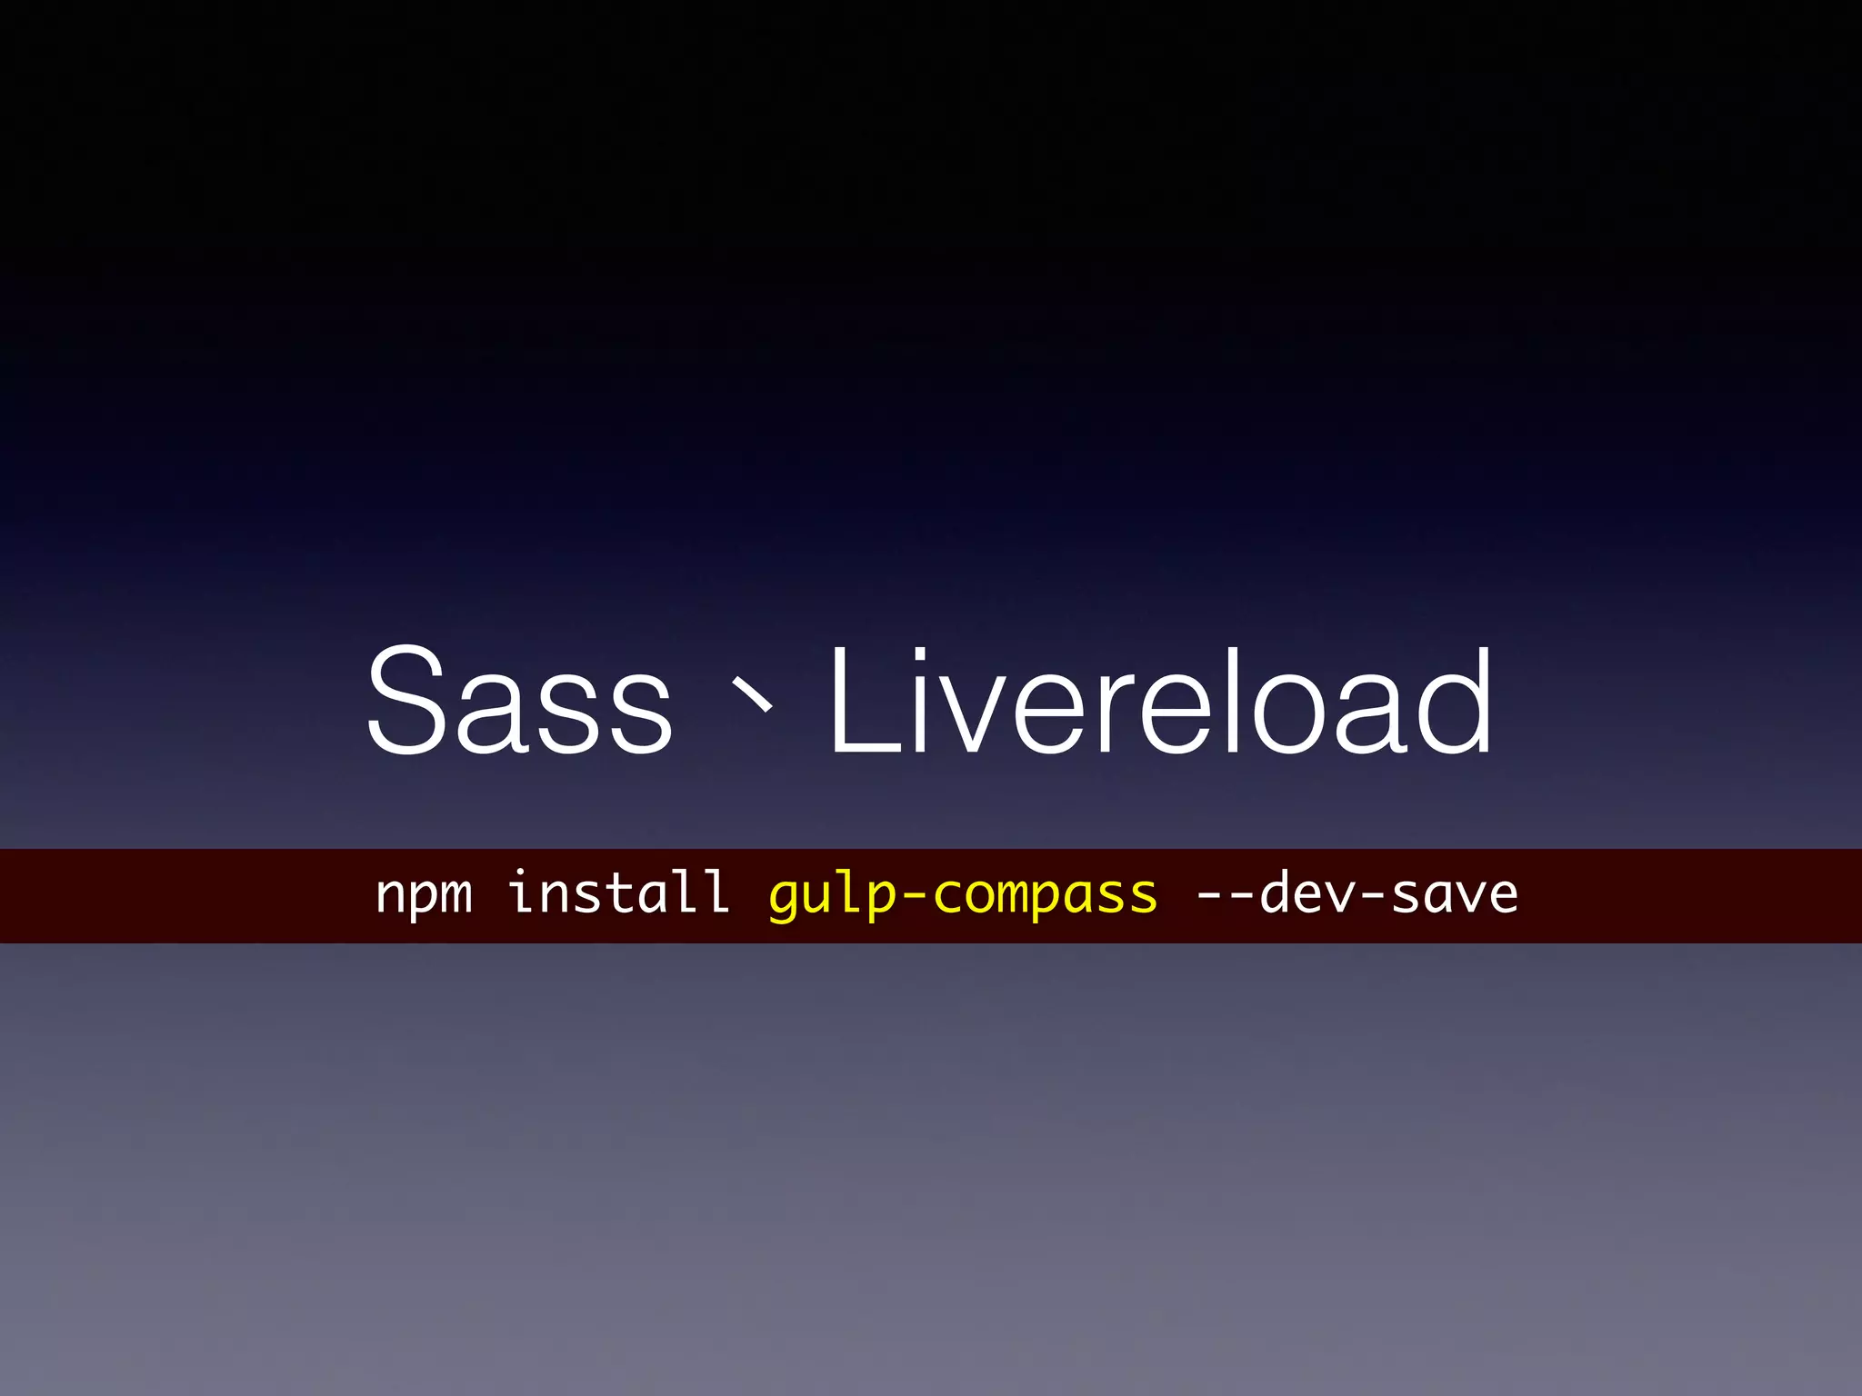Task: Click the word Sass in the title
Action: [x=519, y=701]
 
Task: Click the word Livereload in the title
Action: [x=1160, y=701]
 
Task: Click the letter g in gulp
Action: [x=786, y=899]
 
